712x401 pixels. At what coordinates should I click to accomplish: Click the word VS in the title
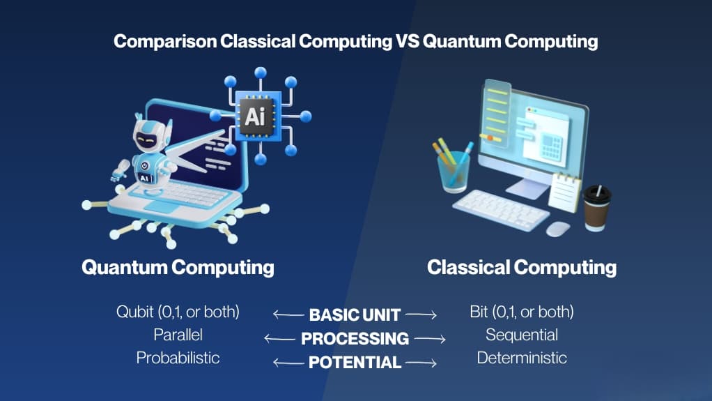pos(407,41)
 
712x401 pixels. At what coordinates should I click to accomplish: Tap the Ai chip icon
pos(255,116)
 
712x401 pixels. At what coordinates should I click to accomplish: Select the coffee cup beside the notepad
pos(596,208)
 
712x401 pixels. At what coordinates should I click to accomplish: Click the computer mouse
pos(557,229)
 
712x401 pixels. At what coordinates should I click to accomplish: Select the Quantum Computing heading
pos(178,267)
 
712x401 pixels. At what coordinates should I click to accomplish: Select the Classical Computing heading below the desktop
pos(522,267)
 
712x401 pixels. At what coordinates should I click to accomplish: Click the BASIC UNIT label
pos(355,315)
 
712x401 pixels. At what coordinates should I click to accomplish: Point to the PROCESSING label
pos(355,338)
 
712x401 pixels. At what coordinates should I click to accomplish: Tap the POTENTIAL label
pos(355,363)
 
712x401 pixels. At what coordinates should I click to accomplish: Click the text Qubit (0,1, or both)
pos(178,312)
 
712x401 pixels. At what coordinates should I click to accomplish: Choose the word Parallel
pos(178,335)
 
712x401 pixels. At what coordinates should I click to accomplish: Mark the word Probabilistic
pos(178,358)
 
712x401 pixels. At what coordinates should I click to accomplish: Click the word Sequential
pos(522,335)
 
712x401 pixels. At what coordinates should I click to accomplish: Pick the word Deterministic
pos(522,358)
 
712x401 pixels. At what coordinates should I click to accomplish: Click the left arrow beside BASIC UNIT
pos(288,314)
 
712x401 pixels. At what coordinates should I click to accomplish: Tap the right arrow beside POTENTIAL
pos(421,363)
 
